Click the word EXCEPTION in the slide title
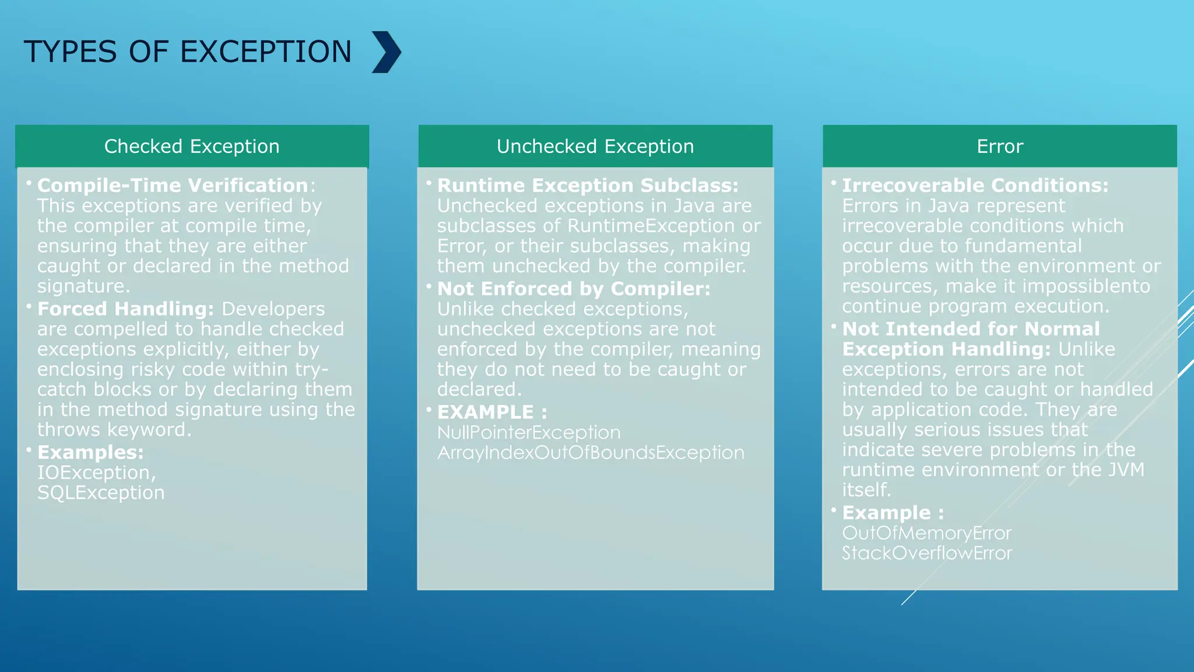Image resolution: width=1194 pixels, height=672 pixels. click(266, 52)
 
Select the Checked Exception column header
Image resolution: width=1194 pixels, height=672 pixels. click(192, 146)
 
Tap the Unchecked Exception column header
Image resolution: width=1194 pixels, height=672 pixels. click(595, 146)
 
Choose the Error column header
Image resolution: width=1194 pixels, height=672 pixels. click(999, 146)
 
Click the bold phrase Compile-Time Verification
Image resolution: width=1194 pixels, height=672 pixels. click(173, 185)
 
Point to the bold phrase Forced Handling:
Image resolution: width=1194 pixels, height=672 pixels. click(125, 309)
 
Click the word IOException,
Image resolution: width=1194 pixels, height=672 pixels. click(97, 473)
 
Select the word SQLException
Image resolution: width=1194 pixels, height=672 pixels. click(101, 493)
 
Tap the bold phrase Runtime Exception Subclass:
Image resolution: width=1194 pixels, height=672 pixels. click(588, 185)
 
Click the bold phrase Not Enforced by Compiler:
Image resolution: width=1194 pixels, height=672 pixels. click(574, 289)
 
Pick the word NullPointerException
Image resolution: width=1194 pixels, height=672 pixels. click(529, 433)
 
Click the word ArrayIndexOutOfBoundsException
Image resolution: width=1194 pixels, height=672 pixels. click(591, 453)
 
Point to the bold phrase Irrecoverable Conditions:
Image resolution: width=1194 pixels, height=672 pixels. click(975, 185)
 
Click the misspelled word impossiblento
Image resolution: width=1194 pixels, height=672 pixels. click(1086, 286)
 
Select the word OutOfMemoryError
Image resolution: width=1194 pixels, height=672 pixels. click(926, 533)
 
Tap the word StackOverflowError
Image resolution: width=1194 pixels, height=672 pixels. click(926, 553)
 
